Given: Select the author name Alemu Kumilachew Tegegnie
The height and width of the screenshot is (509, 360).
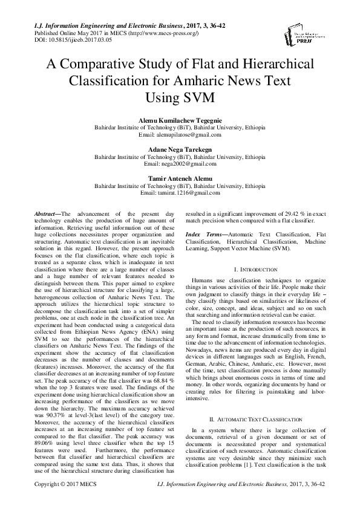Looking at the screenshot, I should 180,120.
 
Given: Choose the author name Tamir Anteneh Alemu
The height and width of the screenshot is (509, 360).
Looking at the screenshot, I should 180,178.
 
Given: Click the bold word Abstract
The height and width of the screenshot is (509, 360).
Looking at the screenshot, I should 45,215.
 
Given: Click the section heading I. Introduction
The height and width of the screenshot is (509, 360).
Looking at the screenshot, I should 255,268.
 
